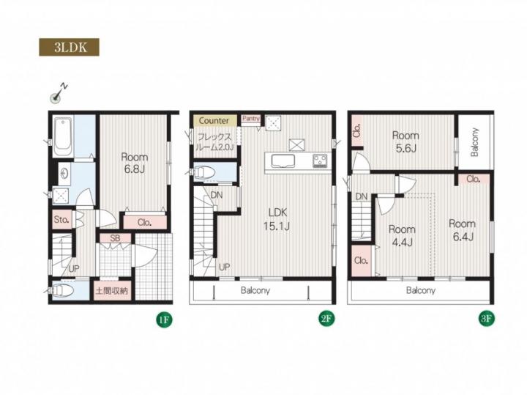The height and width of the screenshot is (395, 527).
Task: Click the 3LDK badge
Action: pyautogui.click(x=69, y=47)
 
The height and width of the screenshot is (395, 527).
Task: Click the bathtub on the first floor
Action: pyautogui.click(x=63, y=136)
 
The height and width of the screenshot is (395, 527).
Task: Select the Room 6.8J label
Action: pyautogui.click(x=135, y=163)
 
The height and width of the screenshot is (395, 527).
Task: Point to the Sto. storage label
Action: pyautogui.click(x=61, y=220)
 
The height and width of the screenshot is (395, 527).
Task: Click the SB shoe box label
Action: pyautogui.click(x=115, y=238)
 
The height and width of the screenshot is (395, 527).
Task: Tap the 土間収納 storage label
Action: pyautogui.click(x=111, y=291)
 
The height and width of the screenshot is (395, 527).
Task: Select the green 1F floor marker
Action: pyautogui.click(x=164, y=320)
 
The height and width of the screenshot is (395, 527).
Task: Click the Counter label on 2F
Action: pyautogui.click(x=214, y=120)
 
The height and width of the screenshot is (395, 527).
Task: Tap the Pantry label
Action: pyautogui.click(x=251, y=119)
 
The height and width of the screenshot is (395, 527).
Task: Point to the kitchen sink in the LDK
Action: pyautogui.click(x=283, y=161)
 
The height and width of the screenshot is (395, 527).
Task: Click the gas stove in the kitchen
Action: pyautogui.click(x=320, y=160)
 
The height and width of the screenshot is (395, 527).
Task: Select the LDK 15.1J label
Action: pyautogui.click(x=277, y=219)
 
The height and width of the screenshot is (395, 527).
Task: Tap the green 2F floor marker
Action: pyautogui.click(x=326, y=319)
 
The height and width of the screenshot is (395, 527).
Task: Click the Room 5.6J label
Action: pyautogui.click(x=405, y=141)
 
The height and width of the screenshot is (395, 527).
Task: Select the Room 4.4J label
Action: pyautogui.click(x=402, y=235)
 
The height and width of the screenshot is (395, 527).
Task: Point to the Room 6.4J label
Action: pyautogui.click(x=462, y=230)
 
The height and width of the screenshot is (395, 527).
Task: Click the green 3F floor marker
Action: pyautogui.click(x=486, y=319)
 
